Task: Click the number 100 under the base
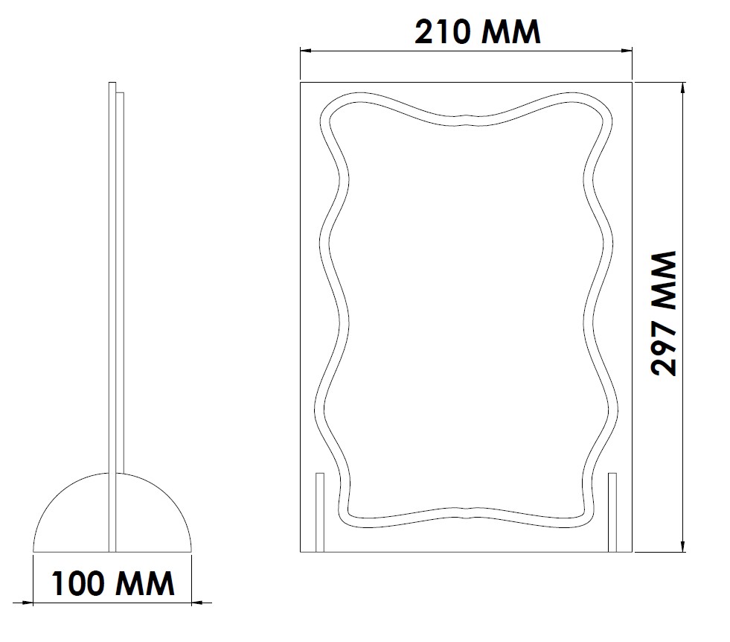(81, 582)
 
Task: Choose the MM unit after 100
(147, 582)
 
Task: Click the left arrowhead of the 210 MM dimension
(305, 51)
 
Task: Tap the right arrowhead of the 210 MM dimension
(627, 51)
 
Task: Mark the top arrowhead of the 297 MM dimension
(683, 87)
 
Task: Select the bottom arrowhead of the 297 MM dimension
(683, 547)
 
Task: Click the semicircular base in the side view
(74, 521)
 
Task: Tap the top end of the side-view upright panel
(112, 84)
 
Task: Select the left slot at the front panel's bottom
(320, 512)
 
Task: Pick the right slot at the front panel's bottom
(612, 512)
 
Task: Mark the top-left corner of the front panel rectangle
(301, 82)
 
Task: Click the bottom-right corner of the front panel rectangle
(632, 552)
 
